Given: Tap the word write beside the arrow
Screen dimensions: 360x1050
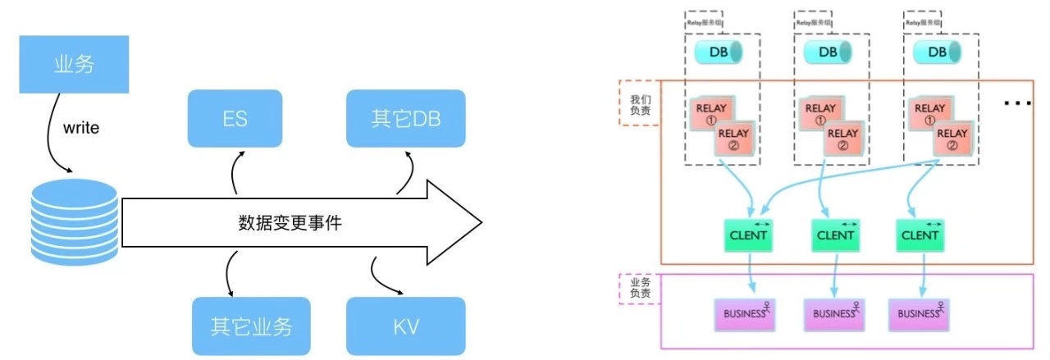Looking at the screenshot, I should (x=81, y=129).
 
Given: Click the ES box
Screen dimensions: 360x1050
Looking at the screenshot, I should (x=235, y=118).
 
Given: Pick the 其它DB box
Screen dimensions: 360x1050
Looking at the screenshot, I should (x=406, y=118).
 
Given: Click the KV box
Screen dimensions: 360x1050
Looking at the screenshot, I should (x=406, y=326).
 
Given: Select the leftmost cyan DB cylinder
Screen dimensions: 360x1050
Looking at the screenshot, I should (x=719, y=52).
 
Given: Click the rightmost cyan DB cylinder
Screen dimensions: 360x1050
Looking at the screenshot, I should (x=937, y=52).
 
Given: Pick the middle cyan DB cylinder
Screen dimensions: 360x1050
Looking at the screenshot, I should (x=828, y=52).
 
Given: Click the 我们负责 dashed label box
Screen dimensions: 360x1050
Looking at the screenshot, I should (x=639, y=103).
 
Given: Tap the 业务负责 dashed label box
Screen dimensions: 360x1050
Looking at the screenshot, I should (x=639, y=289).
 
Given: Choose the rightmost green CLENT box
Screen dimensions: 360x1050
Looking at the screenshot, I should (x=920, y=235).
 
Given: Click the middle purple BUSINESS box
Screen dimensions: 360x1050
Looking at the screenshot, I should (x=835, y=313).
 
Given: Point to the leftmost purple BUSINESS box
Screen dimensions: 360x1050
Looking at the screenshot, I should (x=745, y=313).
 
